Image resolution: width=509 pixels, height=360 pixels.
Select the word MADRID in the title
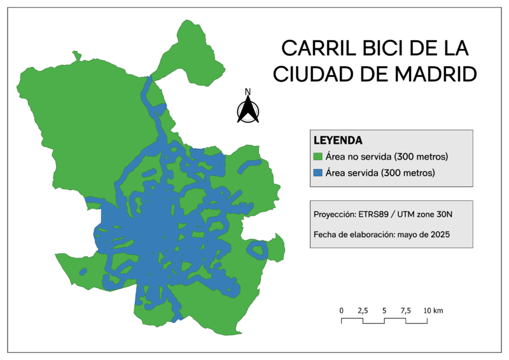tap(436, 74)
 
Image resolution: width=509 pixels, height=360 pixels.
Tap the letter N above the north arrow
tap(248, 91)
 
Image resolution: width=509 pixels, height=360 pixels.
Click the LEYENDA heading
tap(338, 140)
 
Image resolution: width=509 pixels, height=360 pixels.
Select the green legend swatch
tap(318, 156)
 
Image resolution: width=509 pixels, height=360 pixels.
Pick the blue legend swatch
tap(318, 173)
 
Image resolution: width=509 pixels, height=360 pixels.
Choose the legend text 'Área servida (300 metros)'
tap(380, 173)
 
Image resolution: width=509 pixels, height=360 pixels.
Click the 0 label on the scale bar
tap(342, 310)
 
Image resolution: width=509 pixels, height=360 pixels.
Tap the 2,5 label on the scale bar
tap(363, 310)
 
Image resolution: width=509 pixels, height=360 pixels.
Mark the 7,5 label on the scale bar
tap(405, 310)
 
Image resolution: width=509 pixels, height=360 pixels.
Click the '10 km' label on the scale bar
tap(433, 310)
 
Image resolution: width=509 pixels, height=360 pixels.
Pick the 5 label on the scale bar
tap(384, 310)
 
